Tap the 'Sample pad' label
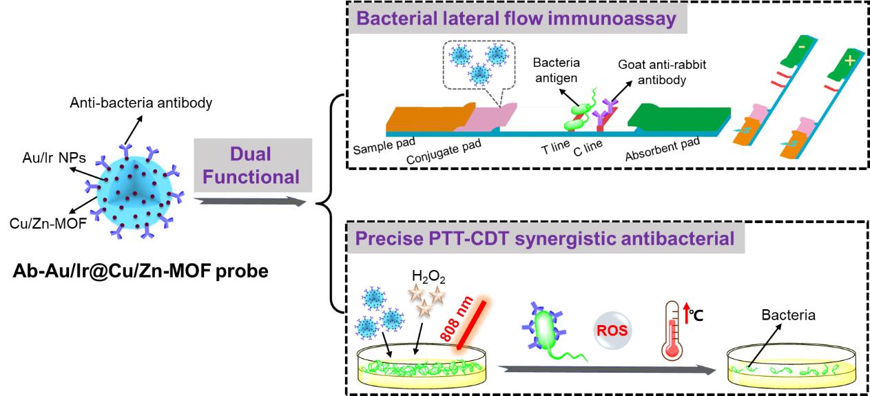378,148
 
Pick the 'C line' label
588,152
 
